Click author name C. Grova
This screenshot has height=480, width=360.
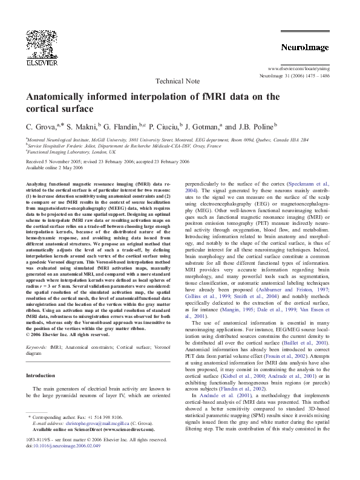click(42, 128)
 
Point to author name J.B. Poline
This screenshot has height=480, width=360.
click(256, 128)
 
